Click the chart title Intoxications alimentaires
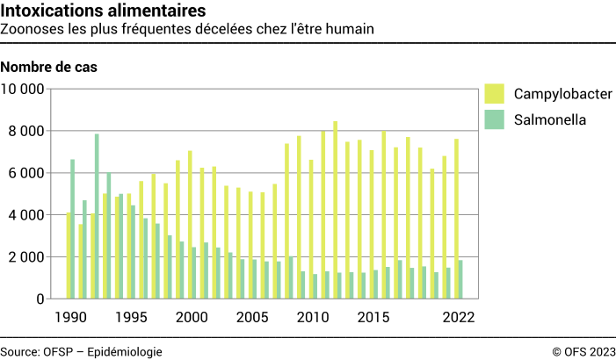point(105,11)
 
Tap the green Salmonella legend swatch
point(494,119)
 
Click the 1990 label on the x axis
point(70,317)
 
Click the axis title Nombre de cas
point(49,68)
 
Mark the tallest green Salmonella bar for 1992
point(97,216)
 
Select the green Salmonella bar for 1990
point(73,229)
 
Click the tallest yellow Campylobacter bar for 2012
point(335,210)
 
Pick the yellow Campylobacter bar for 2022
point(455,219)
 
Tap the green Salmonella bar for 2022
point(460,279)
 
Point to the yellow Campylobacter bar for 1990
point(68,256)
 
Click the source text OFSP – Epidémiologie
point(81,351)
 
